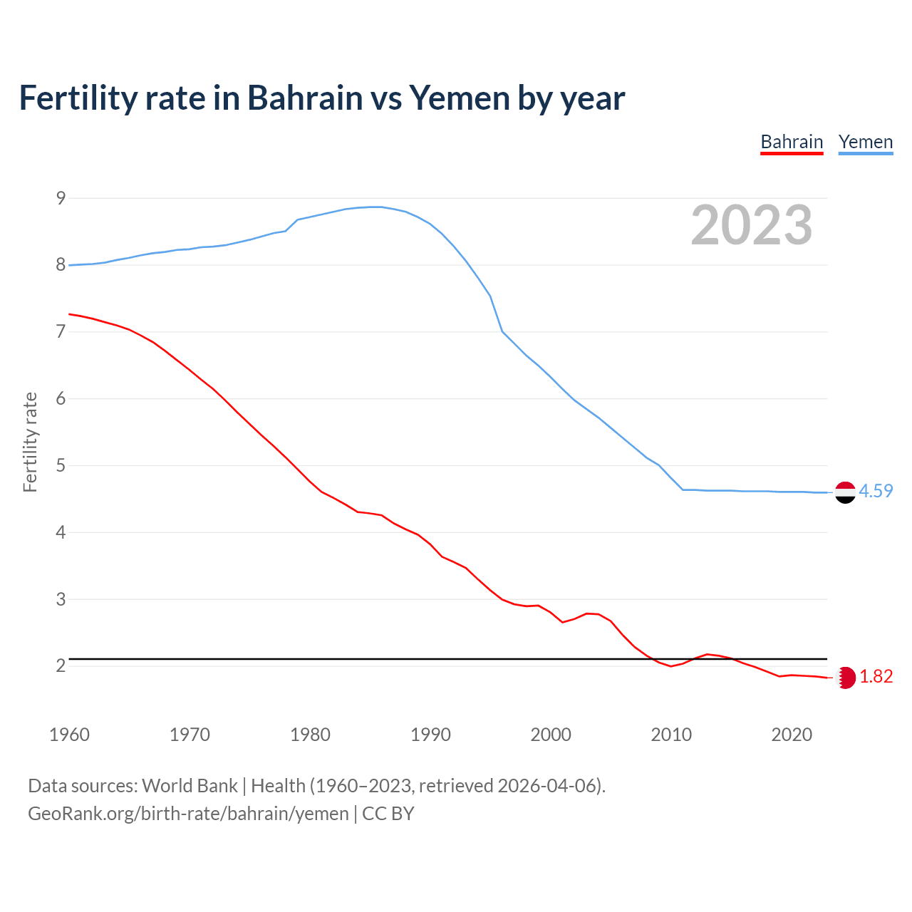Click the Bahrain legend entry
coord(792,142)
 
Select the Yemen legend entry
coord(865,142)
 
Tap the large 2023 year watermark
coord(751,225)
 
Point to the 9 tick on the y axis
coord(61,198)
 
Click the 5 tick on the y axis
coord(61,466)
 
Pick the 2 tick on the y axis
coord(61,666)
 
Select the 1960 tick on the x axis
coord(69,735)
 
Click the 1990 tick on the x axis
coord(430,735)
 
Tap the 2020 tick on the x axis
coord(792,735)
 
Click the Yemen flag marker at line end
coord(845,492)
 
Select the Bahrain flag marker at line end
coord(846,678)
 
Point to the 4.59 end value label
coord(876,492)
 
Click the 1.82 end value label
coord(876,677)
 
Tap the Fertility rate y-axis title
coord(30,442)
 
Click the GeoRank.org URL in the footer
coord(188,814)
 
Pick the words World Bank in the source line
coord(190,786)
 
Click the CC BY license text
coord(388,814)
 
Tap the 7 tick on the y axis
coord(61,332)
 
